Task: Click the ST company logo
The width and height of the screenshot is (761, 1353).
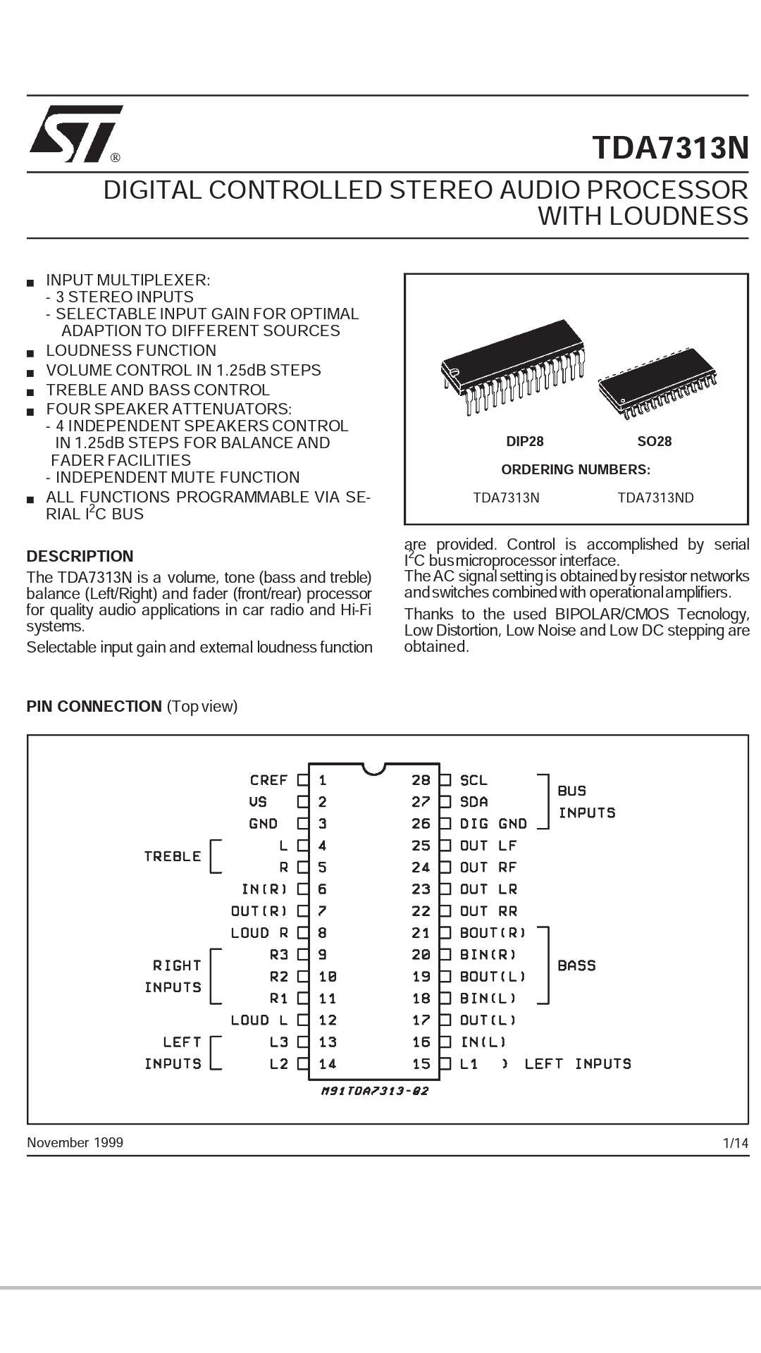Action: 75,134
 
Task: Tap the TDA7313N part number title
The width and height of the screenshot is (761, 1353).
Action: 670,148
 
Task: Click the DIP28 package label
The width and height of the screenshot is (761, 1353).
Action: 525,442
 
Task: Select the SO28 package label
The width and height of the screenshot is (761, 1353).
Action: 654,442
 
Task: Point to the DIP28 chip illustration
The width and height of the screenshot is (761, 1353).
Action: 513,366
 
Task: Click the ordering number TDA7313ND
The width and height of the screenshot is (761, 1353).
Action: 655,498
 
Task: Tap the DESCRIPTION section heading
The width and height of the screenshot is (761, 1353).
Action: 80,556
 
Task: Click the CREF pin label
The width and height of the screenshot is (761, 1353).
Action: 268,780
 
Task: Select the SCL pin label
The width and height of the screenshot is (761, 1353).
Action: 474,780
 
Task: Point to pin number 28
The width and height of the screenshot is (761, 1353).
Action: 421,780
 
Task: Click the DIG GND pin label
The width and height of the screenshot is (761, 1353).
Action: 493,824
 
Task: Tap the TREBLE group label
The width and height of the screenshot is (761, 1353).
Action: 173,856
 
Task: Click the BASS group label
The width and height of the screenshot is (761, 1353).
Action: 576,965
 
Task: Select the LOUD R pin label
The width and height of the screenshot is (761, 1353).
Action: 259,933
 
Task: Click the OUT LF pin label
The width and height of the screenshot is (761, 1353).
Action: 488,846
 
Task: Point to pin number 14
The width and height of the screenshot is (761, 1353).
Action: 328,1064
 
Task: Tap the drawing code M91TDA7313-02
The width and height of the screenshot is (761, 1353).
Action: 374,1092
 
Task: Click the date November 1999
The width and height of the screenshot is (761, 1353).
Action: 75,1142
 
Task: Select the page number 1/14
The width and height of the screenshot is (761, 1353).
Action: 736,1143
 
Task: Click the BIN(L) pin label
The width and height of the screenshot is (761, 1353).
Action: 488,999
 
